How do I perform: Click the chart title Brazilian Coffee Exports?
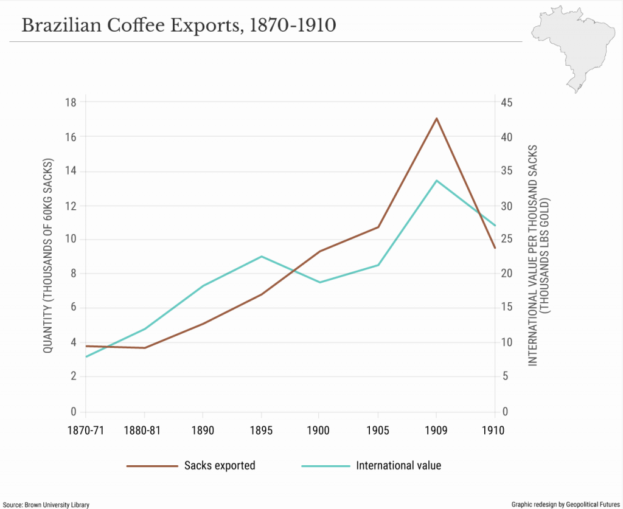pos(178,25)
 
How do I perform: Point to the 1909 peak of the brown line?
pos(436,118)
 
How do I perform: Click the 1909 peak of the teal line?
pos(436,181)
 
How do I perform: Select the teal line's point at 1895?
pos(261,257)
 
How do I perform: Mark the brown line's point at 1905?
pos(378,227)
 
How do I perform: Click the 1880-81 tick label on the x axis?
pos(144,431)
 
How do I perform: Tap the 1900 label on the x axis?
pos(319,431)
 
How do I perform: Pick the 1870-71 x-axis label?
pos(86,431)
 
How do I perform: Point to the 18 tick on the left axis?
pos(71,102)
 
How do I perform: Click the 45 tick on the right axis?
pos(507,102)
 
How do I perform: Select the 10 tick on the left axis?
pos(71,240)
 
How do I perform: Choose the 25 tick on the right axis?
pos(507,240)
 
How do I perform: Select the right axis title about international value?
pos(538,255)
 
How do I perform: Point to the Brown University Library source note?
pos(47,504)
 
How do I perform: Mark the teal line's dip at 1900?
pos(319,282)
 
